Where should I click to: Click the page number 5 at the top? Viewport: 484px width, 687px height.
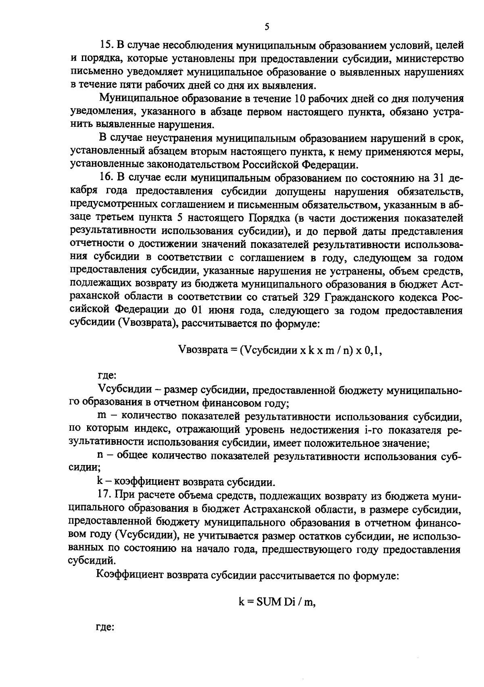pyautogui.click(x=267, y=27)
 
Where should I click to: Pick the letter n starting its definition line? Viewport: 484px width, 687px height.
pyautogui.click(x=101, y=456)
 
